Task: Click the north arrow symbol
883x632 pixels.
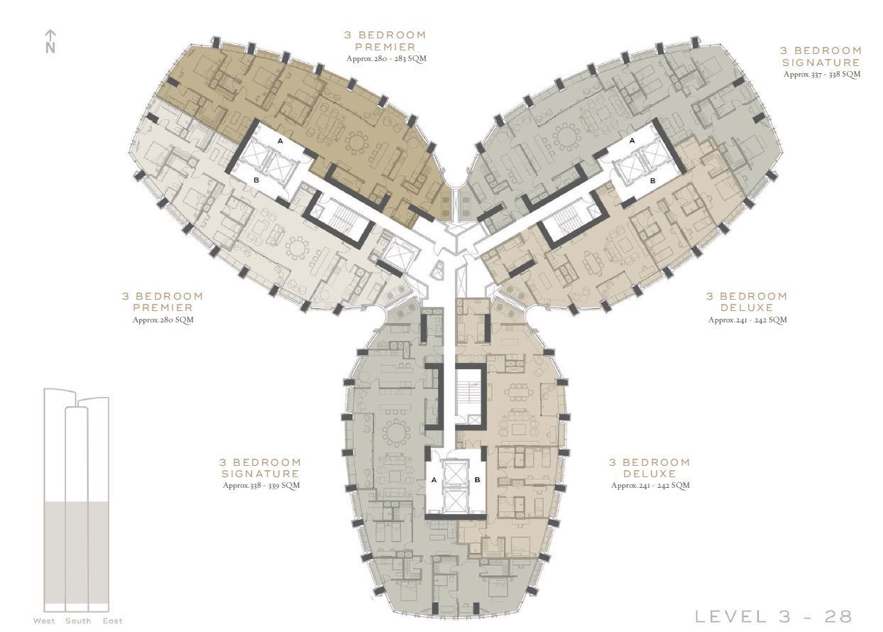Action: point(50,41)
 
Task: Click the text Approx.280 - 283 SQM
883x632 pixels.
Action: point(386,59)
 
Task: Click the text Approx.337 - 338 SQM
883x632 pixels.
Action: point(822,74)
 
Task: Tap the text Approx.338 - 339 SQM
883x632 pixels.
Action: point(261,485)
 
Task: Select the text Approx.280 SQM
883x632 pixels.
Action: point(163,320)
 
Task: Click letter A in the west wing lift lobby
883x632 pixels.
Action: point(280,141)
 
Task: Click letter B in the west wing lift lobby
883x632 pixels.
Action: point(256,180)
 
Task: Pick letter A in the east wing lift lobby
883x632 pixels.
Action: point(632,141)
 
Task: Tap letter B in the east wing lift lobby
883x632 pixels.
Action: point(653,180)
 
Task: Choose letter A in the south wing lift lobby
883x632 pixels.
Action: point(434,480)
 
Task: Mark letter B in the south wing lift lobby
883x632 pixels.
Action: point(478,480)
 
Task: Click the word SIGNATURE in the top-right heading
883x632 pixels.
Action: point(821,62)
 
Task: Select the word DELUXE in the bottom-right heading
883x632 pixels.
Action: point(650,473)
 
